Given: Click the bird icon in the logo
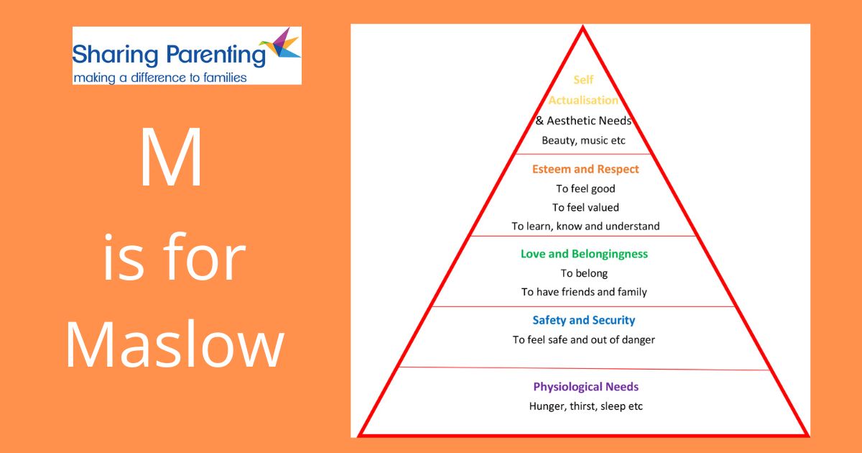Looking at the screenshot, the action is pos(280,44).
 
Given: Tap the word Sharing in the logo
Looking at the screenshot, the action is pos(115,55).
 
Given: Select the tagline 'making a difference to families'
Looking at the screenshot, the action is pos(159,78).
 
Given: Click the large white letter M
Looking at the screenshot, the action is pos(171,157).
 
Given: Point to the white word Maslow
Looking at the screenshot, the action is pos(175,344).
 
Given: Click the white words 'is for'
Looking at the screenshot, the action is pos(174,257).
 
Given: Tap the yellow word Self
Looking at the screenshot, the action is pos(583,80).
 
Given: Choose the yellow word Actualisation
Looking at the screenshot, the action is pos(583,100).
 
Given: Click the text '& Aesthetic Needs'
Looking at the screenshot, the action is pos(583,121).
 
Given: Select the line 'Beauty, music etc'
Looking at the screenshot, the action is pos(583,141).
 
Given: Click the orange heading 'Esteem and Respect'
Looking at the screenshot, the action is pos(585,169).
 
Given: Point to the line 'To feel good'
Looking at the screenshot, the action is pos(585,188).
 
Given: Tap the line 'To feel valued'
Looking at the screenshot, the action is pos(585,207).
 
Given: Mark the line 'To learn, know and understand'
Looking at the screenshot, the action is pos(585,226).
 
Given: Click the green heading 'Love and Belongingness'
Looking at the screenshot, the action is pos(584,254).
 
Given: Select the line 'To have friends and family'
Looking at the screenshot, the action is pos(584,292).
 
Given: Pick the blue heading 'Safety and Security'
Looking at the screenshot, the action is pos(584,320).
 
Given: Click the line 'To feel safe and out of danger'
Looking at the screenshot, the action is pos(584,339).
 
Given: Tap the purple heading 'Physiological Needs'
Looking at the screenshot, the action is pos(585,387).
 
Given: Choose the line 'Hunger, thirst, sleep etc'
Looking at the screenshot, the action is pos(585,406).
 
